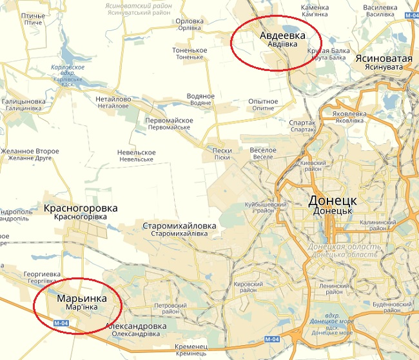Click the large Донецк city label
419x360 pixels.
pos(333,201)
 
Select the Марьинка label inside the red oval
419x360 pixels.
pos(81,299)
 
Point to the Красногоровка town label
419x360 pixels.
pos(81,208)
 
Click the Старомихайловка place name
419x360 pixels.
pos(179,226)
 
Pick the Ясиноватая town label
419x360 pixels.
pos(383,59)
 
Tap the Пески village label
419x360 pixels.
pos(222,150)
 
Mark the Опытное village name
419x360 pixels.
pos(263,102)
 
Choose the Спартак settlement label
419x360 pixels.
pos(302,123)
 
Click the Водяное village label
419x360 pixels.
pos(200,96)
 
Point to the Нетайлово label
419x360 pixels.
pos(113,99)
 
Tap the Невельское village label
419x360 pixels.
pos(137,152)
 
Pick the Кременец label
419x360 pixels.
pos(191,347)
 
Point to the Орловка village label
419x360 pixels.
pos(190,21)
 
